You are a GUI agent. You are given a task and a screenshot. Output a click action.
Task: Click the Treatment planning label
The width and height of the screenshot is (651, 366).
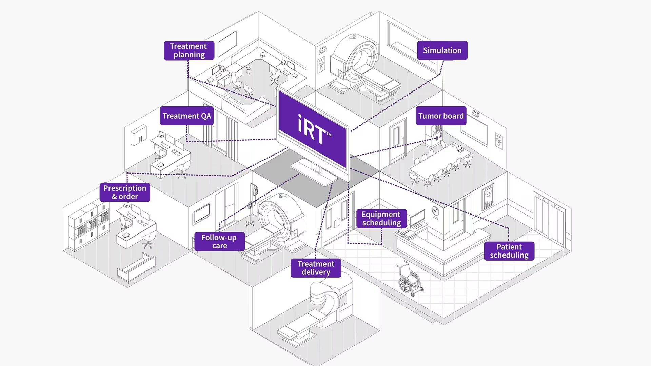pyautogui.click(x=189, y=50)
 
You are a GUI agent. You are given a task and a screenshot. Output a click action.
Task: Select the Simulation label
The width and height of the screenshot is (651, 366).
pyautogui.click(x=442, y=50)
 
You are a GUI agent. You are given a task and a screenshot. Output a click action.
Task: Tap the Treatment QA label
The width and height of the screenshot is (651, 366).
pyautogui.click(x=186, y=116)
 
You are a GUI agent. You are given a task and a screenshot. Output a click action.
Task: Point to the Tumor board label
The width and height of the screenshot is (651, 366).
pyautogui.click(x=441, y=116)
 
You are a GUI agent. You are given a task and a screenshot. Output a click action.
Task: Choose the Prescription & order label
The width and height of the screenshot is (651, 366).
pyautogui.click(x=125, y=192)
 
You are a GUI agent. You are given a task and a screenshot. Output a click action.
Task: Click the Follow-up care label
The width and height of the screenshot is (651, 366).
pyautogui.click(x=219, y=242)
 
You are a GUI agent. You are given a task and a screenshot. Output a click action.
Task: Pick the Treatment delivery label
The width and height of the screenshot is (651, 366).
pyautogui.click(x=316, y=268)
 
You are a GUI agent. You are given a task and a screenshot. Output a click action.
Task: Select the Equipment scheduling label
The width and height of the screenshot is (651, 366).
pyautogui.click(x=381, y=219)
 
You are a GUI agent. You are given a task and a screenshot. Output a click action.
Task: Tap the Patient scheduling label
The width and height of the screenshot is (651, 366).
pyautogui.click(x=509, y=251)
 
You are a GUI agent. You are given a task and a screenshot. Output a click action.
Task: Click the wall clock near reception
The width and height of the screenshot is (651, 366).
pyautogui.click(x=435, y=211)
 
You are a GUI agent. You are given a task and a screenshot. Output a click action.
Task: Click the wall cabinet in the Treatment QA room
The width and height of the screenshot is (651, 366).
pyautogui.click(x=139, y=135)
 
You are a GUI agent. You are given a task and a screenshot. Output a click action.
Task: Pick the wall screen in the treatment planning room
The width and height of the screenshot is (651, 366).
pyautogui.click(x=227, y=43)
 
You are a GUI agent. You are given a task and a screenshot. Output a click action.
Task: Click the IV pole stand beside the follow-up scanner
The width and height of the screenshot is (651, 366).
pyautogui.click(x=251, y=207)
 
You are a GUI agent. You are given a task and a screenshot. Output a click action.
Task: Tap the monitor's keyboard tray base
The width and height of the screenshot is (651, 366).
pyautogui.click(x=314, y=172)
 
